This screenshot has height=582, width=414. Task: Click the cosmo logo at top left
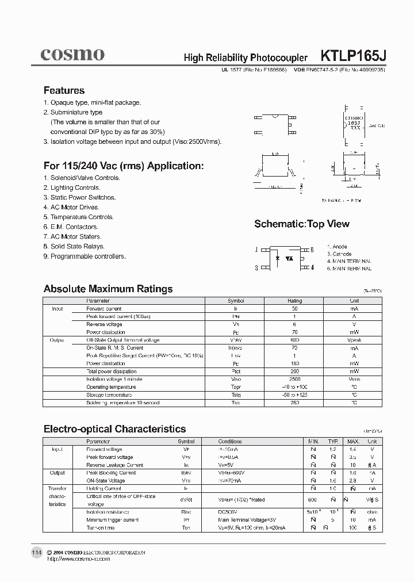click(x=72, y=55)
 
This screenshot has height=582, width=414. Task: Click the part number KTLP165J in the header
click(x=353, y=56)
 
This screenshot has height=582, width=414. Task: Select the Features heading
click(x=64, y=90)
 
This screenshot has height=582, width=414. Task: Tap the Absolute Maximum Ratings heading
click(x=108, y=289)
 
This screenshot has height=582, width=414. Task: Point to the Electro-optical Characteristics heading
click(x=114, y=428)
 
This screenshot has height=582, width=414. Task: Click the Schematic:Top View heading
click(x=302, y=224)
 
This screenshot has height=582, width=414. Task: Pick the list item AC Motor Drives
click(x=71, y=207)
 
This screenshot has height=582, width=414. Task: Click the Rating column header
click(x=294, y=301)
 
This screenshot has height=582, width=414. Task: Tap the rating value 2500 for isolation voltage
click(x=294, y=380)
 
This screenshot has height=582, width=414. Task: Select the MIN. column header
click(x=313, y=441)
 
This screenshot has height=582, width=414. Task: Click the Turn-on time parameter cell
click(x=101, y=528)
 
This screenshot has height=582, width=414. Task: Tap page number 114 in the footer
click(x=36, y=553)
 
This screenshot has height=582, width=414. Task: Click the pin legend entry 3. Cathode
click(x=339, y=254)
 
